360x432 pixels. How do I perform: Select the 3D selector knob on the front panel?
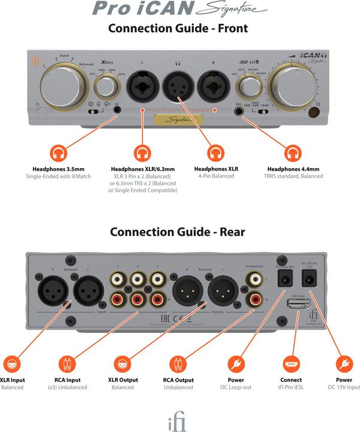pyautogui.click(x=247, y=89)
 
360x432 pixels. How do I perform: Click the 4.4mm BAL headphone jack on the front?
pyautogui.click(x=240, y=111)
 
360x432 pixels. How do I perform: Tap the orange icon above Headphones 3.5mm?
pyautogui.click(x=58, y=153)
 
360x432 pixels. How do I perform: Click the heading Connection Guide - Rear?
pyautogui.click(x=177, y=232)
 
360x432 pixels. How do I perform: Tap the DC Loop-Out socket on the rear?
pyautogui.click(x=284, y=277)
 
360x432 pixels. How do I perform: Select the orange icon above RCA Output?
pyautogui.click(x=178, y=364)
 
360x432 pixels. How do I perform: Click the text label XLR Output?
pyautogui.click(x=122, y=380)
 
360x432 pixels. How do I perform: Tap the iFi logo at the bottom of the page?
pyautogui.click(x=176, y=421)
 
